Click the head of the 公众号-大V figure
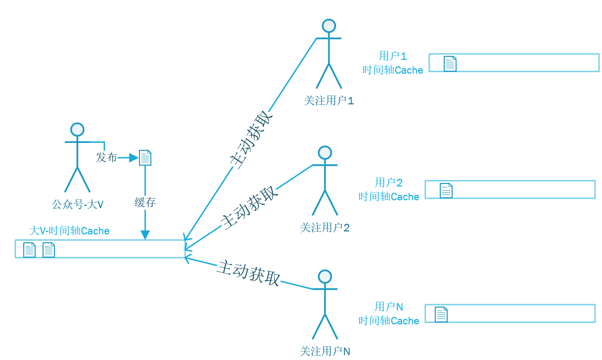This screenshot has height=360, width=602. (77, 130)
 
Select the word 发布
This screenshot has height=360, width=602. (106, 158)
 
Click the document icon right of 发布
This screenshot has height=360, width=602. (145, 158)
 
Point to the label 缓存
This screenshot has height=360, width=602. (145, 202)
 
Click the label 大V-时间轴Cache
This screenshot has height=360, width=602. (69, 231)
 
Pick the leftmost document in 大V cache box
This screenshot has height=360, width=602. (30, 250)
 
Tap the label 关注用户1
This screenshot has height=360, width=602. (329, 101)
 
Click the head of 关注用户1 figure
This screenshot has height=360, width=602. (328, 26)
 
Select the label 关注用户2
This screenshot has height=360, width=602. (325, 228)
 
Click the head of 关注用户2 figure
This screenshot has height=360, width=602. (324, 153)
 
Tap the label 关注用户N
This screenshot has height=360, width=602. (325, 352)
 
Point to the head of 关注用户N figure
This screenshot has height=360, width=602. (324, 276)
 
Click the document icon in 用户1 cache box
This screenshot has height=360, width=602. (450, 64)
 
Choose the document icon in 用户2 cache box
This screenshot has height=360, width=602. (446, 190)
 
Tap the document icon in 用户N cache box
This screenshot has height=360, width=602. (441, 315)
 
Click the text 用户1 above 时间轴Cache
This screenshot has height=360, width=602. (393, 56)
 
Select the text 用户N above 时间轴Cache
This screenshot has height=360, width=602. (389, 307)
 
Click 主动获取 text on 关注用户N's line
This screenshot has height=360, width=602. (249, 273)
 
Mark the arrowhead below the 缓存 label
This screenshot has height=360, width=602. (145, 234)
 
